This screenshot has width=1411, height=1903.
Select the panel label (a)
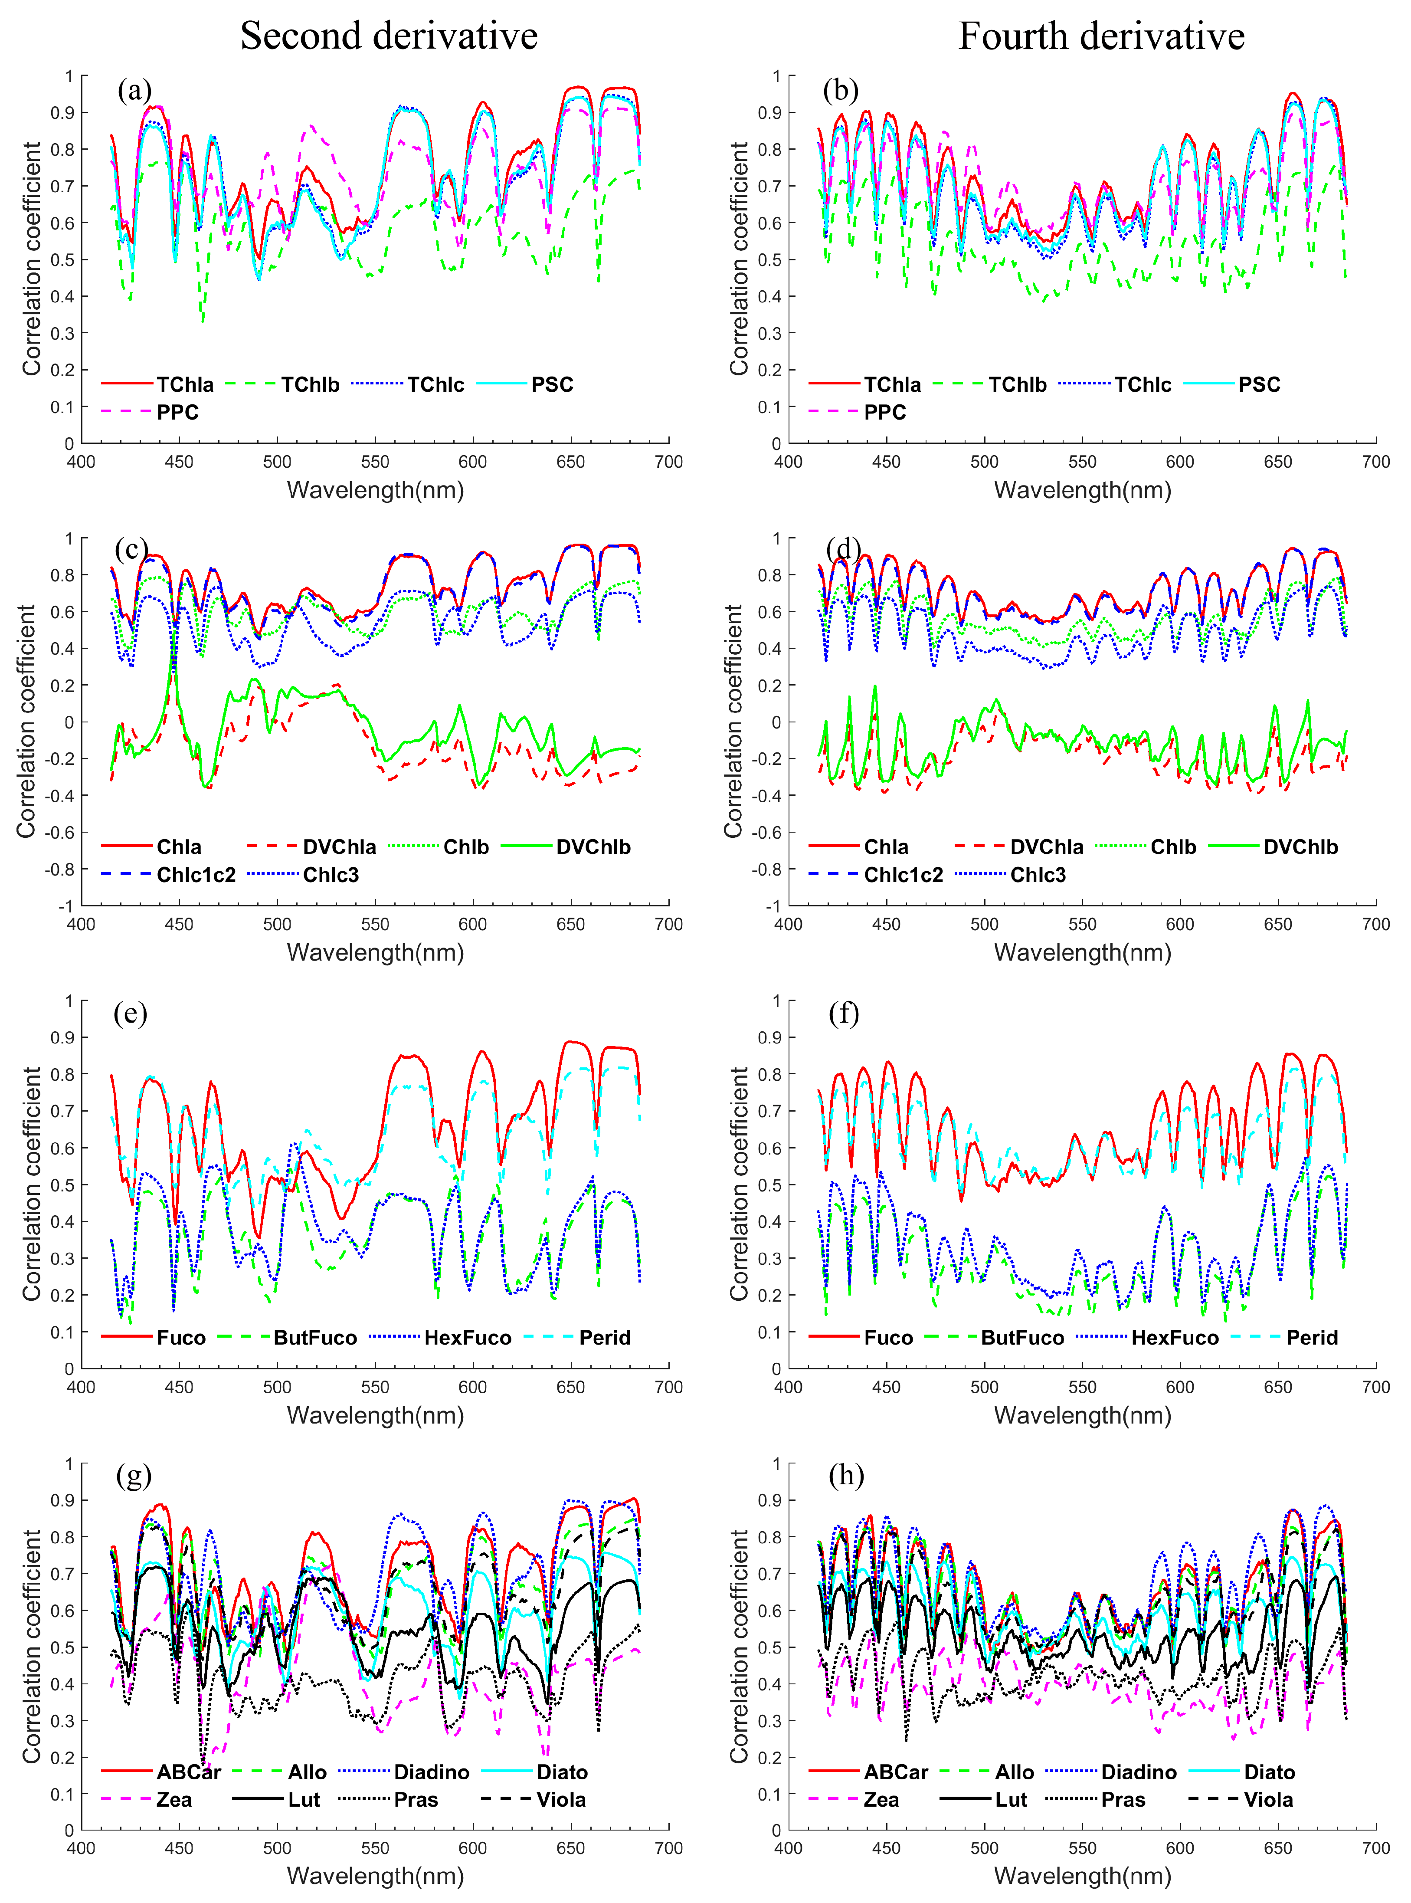(134, 90)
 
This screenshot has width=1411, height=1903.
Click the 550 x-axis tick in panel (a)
(375, 462)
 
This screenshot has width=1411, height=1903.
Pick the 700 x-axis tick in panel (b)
(1375, 462)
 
